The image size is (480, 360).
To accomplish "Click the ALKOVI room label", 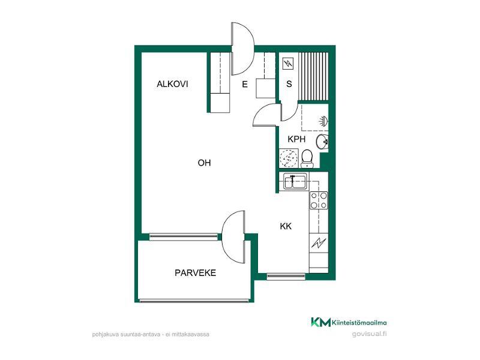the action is [172, 84].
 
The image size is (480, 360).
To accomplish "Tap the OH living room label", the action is [204, 163].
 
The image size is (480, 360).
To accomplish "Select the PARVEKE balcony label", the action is [196, 273].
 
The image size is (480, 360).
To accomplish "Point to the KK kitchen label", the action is [286, 226].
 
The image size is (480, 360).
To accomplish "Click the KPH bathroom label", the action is [296, 139].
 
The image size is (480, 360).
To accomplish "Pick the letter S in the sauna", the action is [289, 84].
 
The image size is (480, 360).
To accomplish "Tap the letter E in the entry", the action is [245, 84].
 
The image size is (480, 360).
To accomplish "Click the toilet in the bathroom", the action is [307, 158].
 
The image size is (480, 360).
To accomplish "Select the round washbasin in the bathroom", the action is [322, 142].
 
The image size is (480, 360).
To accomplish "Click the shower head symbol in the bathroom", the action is [323, 121].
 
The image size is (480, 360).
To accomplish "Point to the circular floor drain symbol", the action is [289, 158].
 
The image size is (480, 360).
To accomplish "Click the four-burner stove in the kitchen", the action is [319, 200].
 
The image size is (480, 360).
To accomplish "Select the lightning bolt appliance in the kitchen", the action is [319, 243].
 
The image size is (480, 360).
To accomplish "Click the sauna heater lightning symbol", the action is [288, 64].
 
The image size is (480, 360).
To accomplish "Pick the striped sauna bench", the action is [313, 77].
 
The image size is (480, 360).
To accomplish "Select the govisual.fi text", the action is [369, 334].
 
